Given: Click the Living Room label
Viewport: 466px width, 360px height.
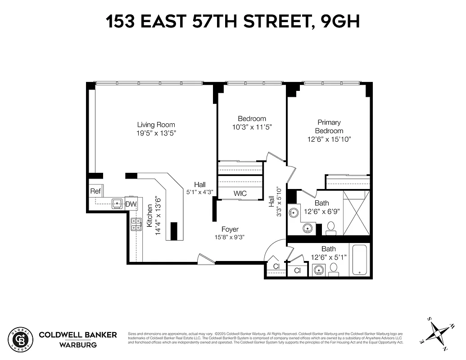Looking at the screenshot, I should [156, 125].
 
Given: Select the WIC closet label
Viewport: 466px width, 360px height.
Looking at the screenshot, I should [240, 193].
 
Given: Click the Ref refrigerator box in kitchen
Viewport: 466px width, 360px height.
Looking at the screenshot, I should [95, 191].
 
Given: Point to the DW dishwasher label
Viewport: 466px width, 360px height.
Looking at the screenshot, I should [131, 204].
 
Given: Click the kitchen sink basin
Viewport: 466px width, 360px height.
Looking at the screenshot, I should [117, 203].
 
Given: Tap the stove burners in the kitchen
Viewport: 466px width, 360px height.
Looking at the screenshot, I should [136, 224].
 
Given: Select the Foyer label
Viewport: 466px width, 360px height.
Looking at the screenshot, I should [230, 229].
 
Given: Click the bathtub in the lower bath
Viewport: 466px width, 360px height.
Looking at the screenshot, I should [360, 260].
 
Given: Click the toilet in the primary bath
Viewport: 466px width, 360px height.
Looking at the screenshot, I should [331, 228].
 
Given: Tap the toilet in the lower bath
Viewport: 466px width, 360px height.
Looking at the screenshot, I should [334, 269].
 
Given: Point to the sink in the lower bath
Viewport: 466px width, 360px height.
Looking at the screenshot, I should [319, 270].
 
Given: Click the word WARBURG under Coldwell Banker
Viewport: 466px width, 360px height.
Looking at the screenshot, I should [77, 345].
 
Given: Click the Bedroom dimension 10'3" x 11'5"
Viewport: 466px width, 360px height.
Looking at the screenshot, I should [252, 127].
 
